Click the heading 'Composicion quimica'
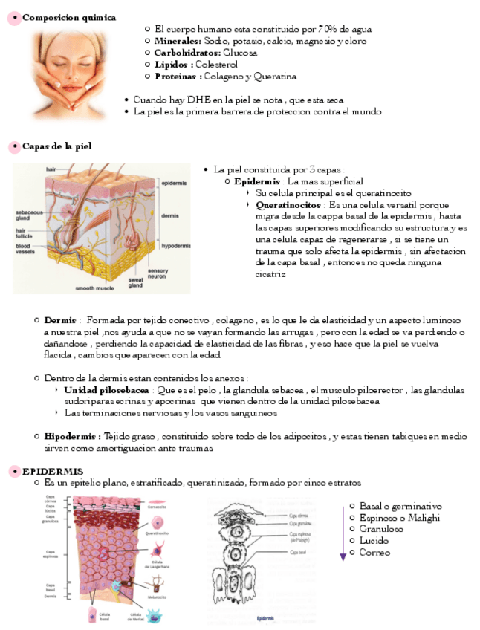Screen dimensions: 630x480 coord(68,17)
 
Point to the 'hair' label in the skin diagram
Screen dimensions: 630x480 coord(51,169)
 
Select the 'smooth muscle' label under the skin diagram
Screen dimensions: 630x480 coord(94,288)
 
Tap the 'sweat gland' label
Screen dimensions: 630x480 coord(135,282)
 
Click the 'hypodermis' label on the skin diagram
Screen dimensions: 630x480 coord(176,245)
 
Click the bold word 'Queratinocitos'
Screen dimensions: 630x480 coord(288,204)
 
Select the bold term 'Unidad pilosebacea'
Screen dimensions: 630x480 coord(106,390)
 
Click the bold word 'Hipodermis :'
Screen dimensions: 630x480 coord(72,436)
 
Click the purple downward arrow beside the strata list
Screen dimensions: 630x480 coord(343,533)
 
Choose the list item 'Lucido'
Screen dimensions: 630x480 coord(374,541)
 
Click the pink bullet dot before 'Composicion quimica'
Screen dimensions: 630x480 coord(13,18)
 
